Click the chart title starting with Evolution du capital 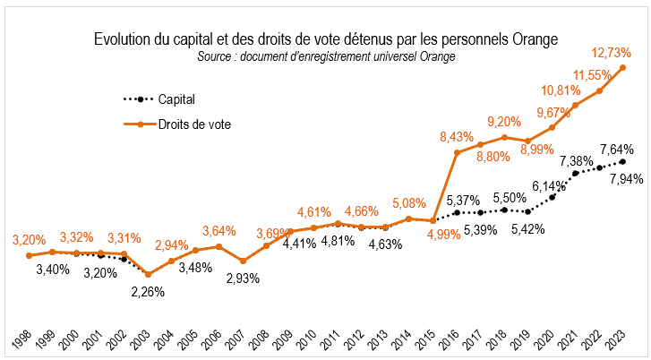tap(325, 40)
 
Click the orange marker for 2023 tap(623, 68)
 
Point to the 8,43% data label tap(457, 136)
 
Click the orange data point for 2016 tap(458, 152)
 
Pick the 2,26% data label tap(149, 291)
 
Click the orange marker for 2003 tap(148, 274)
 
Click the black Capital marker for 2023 tap(623, 161)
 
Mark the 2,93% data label tap(242, 279)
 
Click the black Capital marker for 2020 tap(552, 196)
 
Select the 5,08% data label tap(409, 203)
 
